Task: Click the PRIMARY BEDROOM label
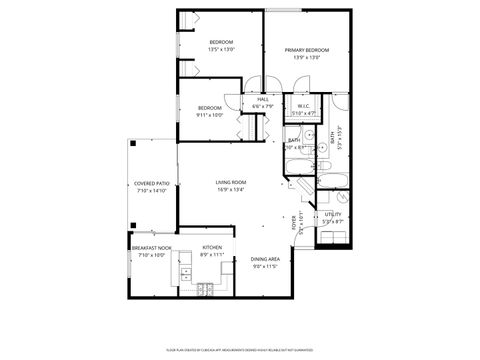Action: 307,49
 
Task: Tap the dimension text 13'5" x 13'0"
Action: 221,49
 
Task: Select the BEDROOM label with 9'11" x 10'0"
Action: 209,107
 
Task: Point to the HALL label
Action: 262,100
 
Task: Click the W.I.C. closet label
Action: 303,107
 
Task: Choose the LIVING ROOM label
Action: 231,182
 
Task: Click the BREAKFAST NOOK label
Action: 150,247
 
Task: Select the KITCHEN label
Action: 212,247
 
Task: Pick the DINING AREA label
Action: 265,259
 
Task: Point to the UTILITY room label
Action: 333,213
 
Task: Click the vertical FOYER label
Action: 294,221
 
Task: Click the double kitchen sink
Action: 185,270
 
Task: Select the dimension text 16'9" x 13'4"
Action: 231,189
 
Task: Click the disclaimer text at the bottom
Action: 240,349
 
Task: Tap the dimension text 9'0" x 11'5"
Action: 265,266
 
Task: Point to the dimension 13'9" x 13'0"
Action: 307,56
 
